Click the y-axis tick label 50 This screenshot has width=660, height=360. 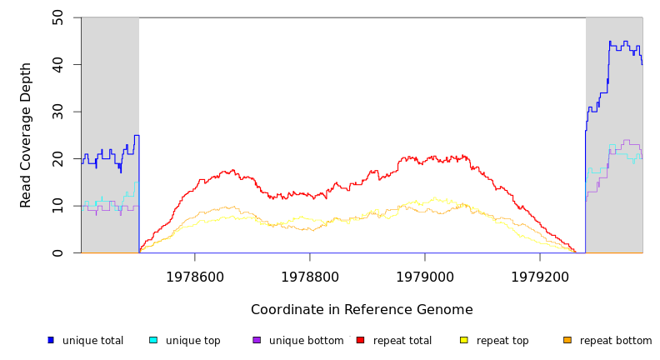pos(57,17)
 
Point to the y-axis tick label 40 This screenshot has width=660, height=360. pos(57,64)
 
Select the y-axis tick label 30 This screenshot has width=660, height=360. pos(57,111)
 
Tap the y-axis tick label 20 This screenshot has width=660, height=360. pos(57,158)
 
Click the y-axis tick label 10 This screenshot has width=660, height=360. pos(57,206)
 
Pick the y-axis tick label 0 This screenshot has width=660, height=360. pos(57,252)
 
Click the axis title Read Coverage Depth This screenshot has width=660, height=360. pos(27,135)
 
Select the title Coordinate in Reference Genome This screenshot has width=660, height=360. pos(362,310)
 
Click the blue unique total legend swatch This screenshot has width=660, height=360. pos(50,340)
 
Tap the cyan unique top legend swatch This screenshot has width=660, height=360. pos(153,340)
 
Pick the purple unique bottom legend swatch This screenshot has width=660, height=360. pos(257,340)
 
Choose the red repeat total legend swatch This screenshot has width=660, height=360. pos(361,340)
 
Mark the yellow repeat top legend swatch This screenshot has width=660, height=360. pos(464,340)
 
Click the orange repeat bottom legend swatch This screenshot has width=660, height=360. pos(567,340)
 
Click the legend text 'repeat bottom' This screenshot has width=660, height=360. pos(616,341)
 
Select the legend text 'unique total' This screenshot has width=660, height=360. pos(92,341)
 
